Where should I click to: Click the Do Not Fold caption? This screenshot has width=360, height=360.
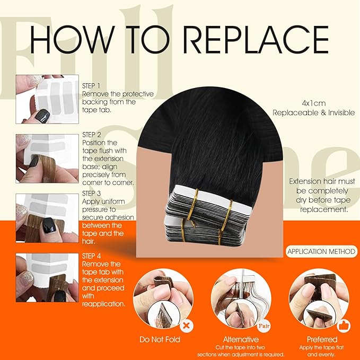pyautogui.click(x=160, y=339)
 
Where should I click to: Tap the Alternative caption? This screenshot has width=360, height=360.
pyautogui.click(x=241, y=339)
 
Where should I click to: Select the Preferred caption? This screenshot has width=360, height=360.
pyautogui.click(x=321, y=339)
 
